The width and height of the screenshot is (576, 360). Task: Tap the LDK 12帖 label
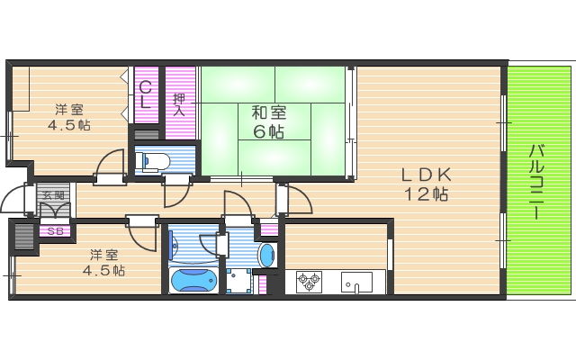pos(425,184)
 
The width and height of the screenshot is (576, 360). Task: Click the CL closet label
pos(144,94)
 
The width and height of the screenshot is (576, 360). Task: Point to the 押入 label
pos(179,104)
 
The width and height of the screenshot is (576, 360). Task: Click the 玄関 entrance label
pos(51,194)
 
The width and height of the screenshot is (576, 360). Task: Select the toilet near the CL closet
pos(156,162)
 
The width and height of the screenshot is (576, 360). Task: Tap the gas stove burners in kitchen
pos(309,282)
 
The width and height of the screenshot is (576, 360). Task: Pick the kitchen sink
pos(356,282)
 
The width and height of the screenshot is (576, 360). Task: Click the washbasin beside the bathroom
pos(266,255)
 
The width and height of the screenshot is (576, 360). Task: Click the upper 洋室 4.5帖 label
pos(68,117)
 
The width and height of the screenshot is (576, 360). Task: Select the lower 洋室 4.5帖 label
pos(104,263)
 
